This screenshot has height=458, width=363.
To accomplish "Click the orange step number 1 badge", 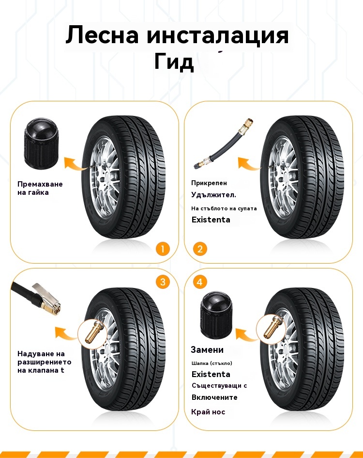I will (x=163, y=249).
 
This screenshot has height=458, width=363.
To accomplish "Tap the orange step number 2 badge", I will (x=200, y=249).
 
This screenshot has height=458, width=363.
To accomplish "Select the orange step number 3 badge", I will (x=163, y=282).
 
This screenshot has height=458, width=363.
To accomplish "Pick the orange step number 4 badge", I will (x=200, y=282).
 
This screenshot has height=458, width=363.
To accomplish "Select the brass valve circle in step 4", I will (x=269, y=328).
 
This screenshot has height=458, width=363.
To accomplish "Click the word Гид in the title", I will (x=174, y=62).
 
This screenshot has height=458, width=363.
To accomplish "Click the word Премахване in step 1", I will (x=40, y=184).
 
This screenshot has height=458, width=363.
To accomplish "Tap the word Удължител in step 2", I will (x=213, y=195).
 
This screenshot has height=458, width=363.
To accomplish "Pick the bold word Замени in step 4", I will (x=207, y=349).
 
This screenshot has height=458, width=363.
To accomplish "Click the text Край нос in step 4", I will (x=208, y=412).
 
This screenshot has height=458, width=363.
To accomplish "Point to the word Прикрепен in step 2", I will (x=209, y=183).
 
